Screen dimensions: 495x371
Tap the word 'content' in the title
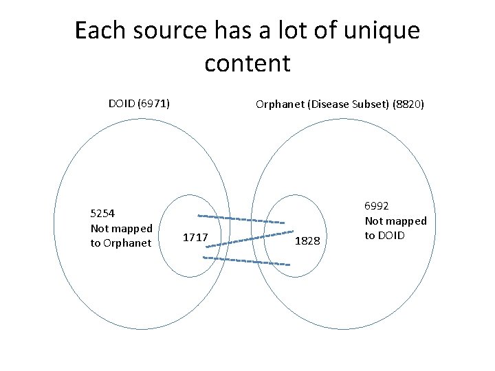tap(247, 63)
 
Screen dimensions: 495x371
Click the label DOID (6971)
tap(140, 104)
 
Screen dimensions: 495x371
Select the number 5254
tap(104, 213)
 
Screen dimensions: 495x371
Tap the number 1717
tap(196, 238)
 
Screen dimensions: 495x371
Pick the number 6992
tap(377, 206)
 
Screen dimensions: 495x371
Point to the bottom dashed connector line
tap(243, 260)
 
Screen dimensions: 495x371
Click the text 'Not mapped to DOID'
tap(395, 228)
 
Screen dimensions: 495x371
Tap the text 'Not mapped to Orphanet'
tap(121, 235)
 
